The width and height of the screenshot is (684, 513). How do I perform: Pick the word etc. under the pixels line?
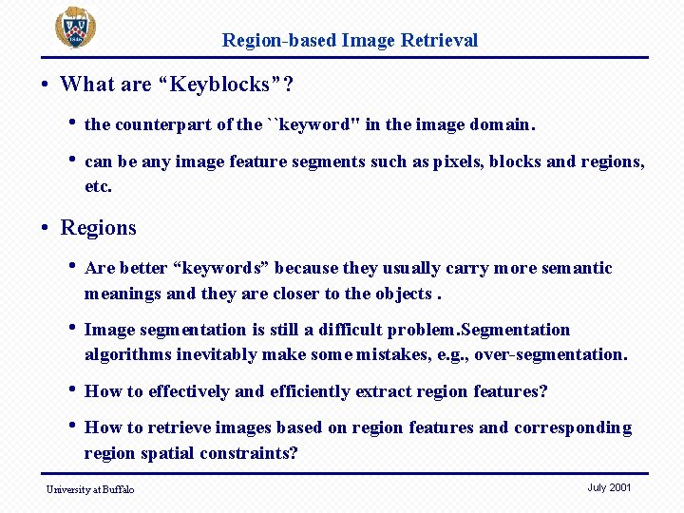coord(98,186)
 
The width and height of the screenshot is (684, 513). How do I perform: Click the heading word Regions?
coord(98,228)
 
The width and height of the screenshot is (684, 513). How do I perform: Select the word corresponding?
coord(573,427)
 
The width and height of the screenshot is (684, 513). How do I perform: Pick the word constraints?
coord(246,453)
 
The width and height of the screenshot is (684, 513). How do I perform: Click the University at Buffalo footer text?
coord(90,489)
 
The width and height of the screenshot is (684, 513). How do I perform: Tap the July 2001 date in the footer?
coord(609,487)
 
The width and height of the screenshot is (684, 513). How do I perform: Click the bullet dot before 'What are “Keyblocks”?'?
coord(46,85)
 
